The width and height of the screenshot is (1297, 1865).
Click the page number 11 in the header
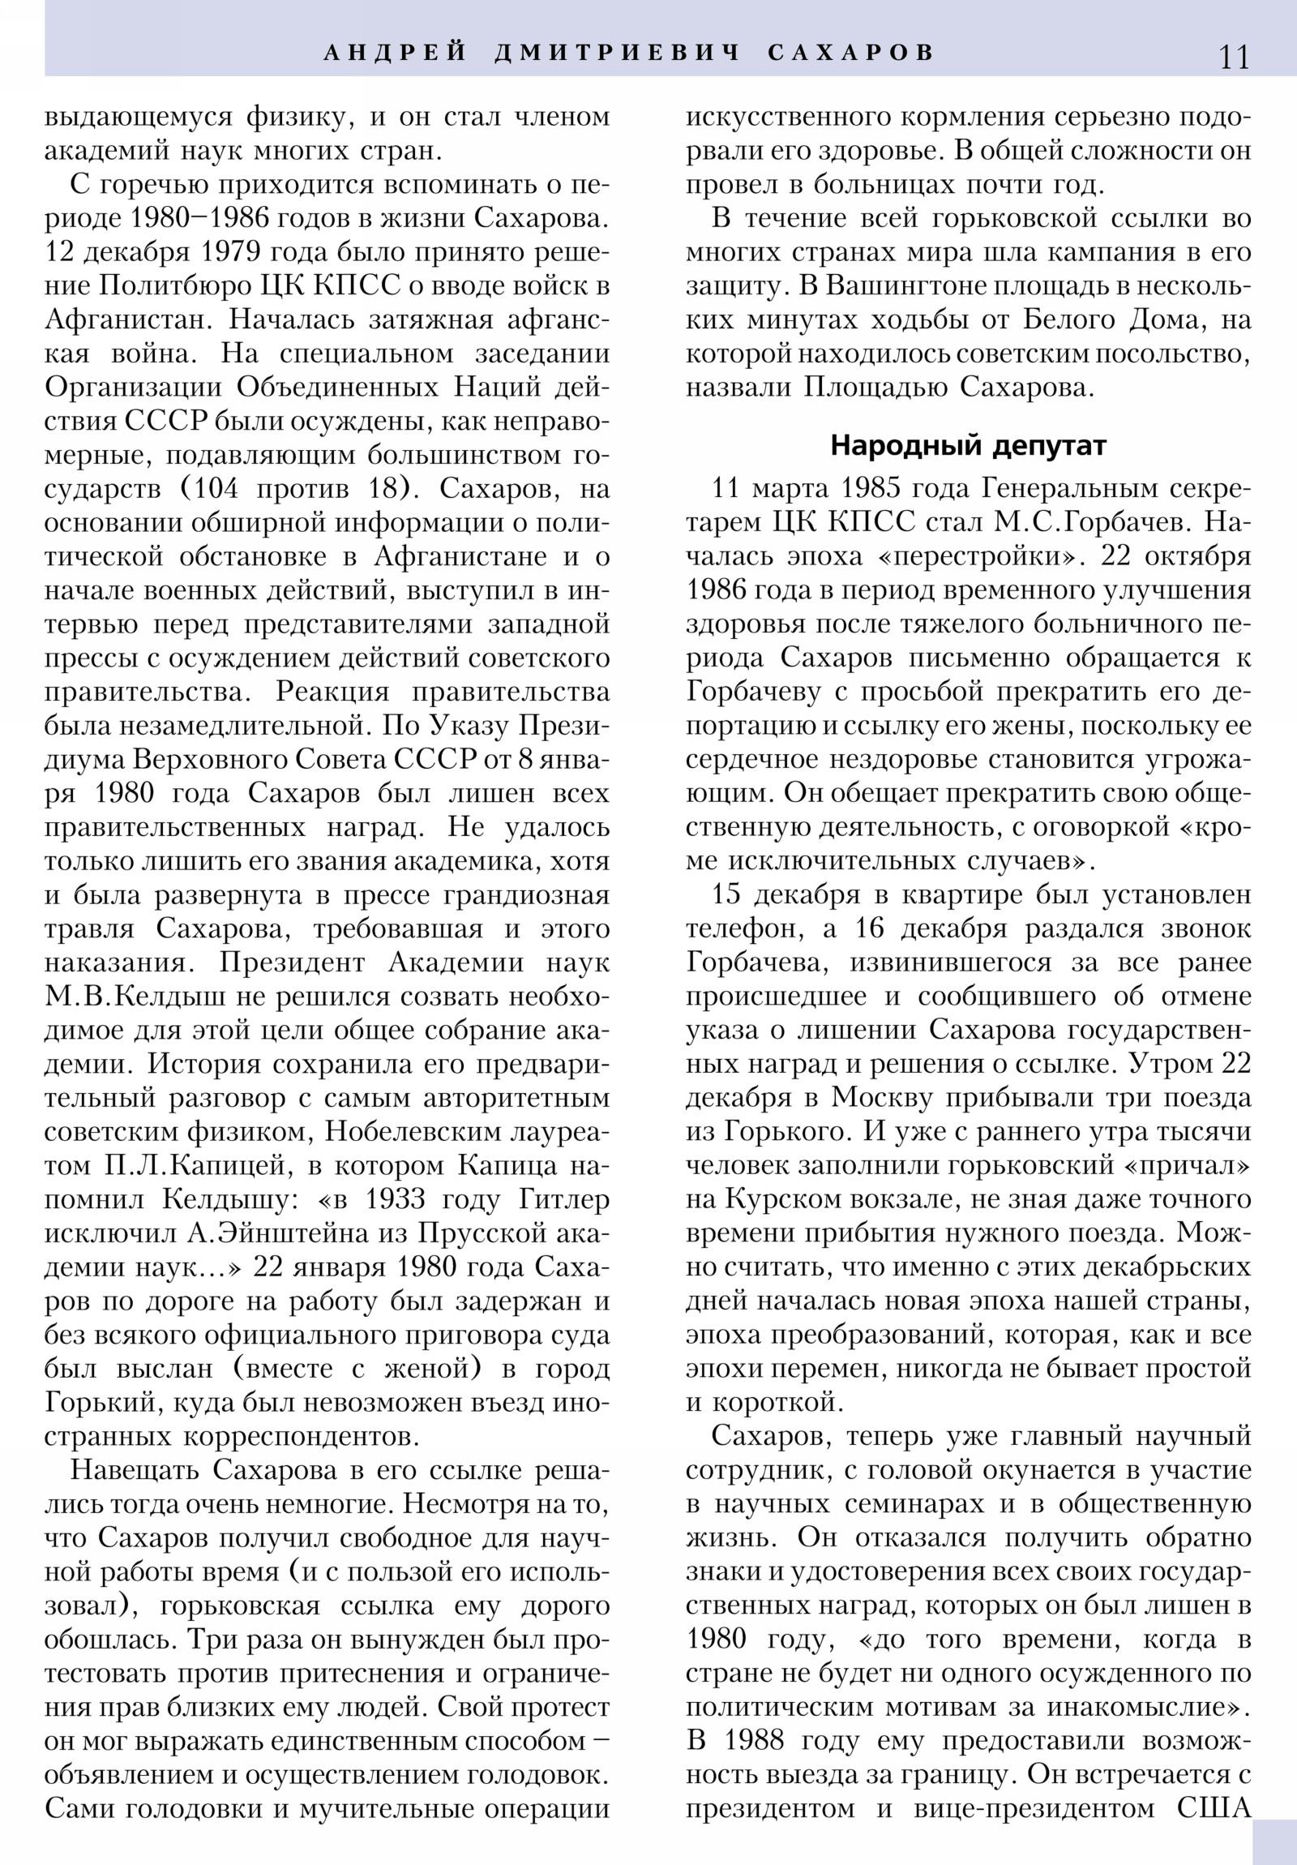point(1233,57)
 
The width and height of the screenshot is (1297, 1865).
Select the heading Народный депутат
point(968,445)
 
